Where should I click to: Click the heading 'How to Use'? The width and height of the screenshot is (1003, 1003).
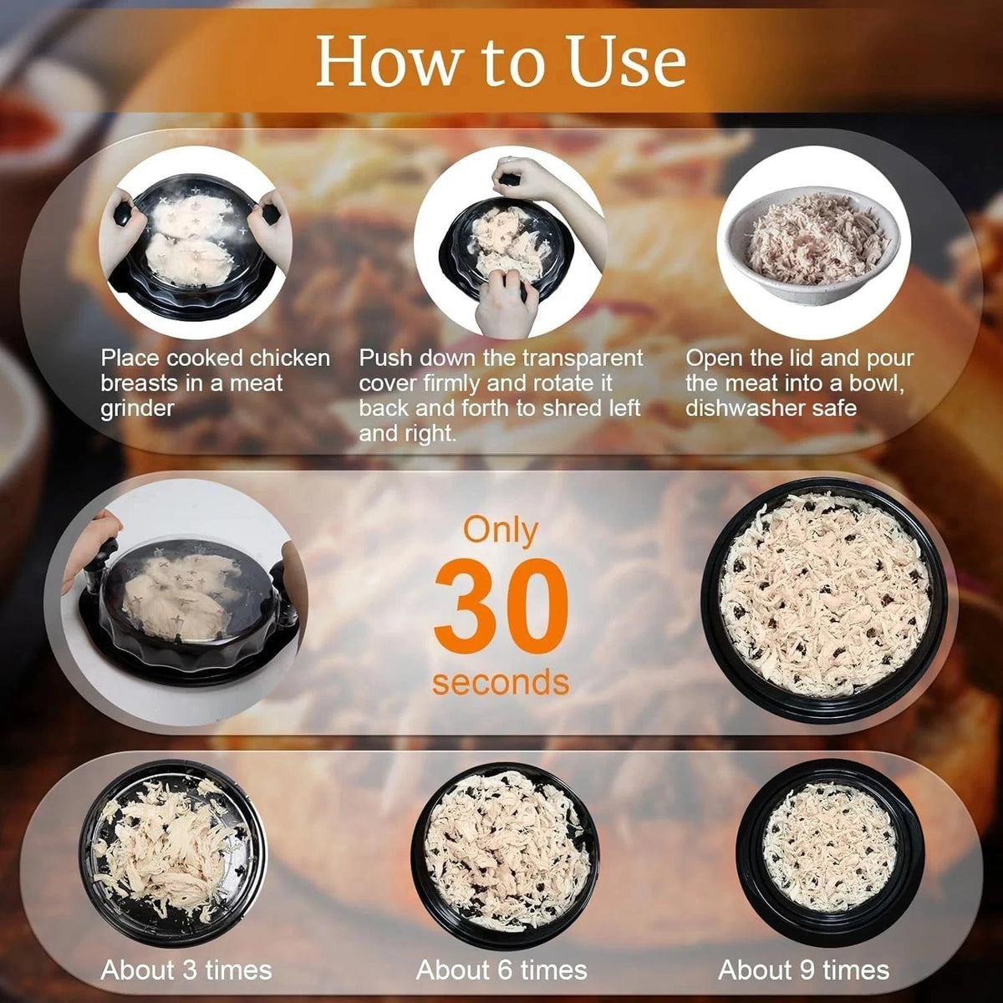[x=501, y=61]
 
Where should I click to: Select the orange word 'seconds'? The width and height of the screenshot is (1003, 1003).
[x=501, y=683]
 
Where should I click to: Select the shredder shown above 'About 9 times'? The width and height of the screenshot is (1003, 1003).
[x=830, y=847]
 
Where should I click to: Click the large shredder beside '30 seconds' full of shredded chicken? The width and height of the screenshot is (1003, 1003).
[x=824, y=601]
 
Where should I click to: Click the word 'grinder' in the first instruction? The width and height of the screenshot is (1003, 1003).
[x=137, y=408]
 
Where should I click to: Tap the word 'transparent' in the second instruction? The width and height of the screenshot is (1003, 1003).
[x=583, y=358]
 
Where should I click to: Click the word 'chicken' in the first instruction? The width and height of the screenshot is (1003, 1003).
[x=290, y=358]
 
